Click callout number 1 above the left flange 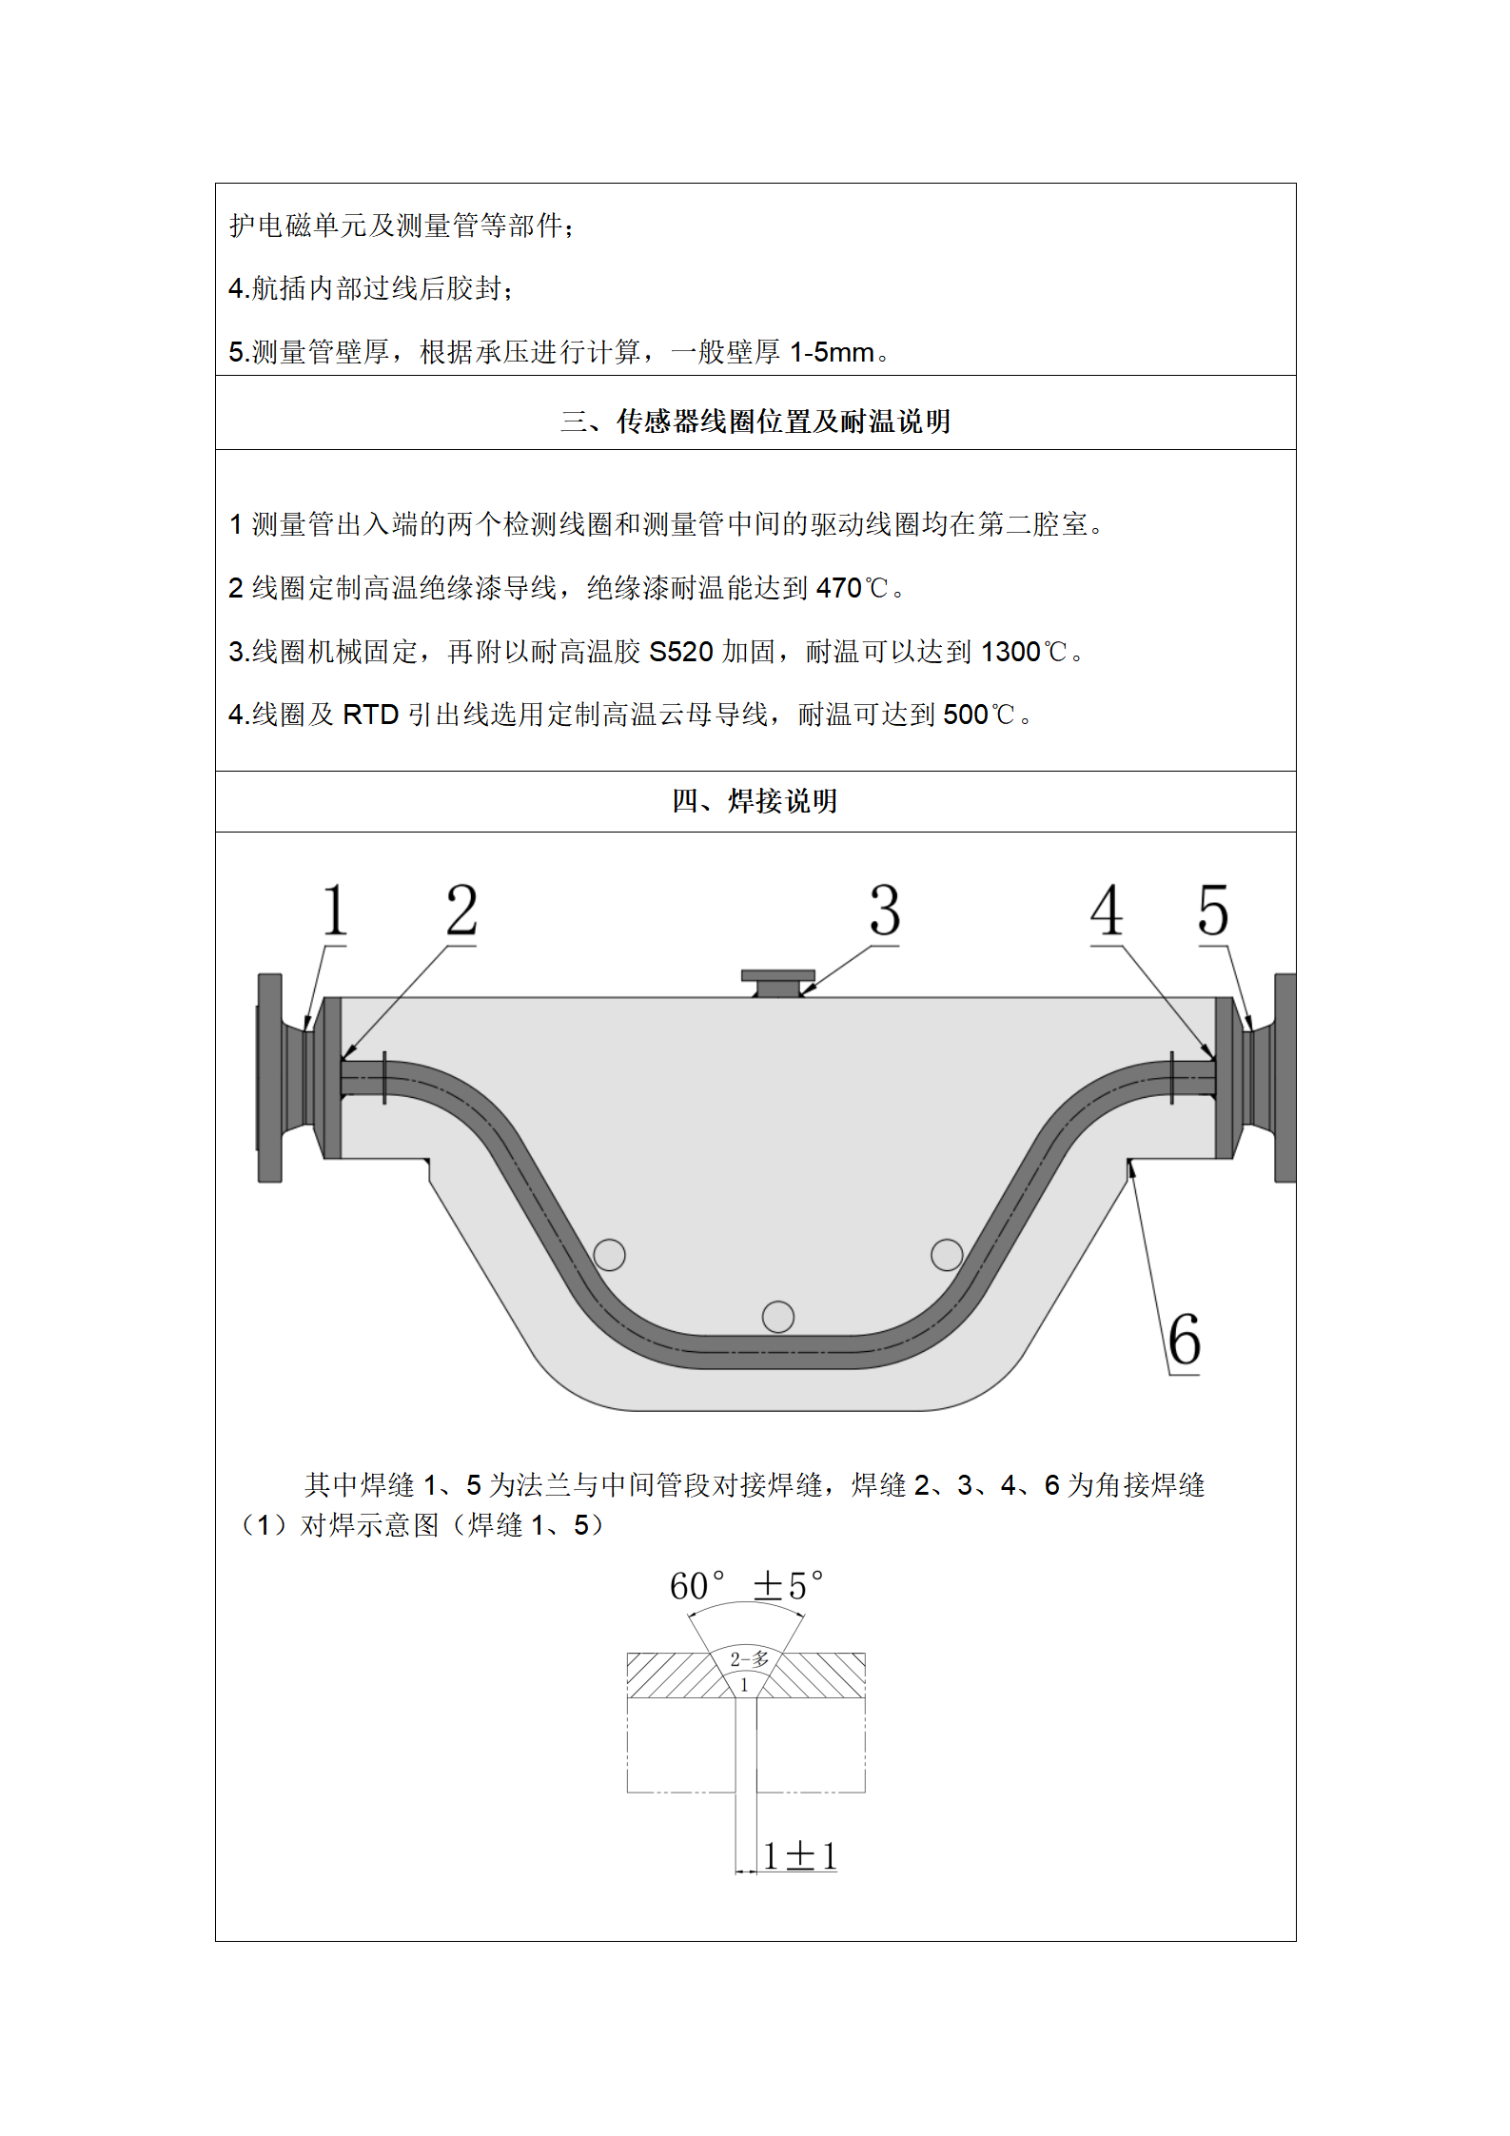tap(335, 911)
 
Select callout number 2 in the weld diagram tap(461, 911)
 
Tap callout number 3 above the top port tap(885, 911)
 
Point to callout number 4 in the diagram tap(1107, 911)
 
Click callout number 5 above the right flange tap(1213, 911)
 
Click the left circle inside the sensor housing tap(609, 1255)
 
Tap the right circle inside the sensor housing tap(947, 1254)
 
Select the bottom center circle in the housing tap(778, 1317)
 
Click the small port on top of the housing tap(778, 984)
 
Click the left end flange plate tap(270, 1078)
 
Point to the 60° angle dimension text tap(696, 1586)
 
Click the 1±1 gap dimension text tap(800, 1855)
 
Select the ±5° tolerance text tap(788, 1586)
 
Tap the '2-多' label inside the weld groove tap(749, 1659)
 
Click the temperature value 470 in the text tap(839, 589)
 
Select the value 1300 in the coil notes tap(1010, 652)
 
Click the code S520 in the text tap(681, 652)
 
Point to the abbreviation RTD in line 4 tap(370, 715)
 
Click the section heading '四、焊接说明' tap(755, 801)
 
